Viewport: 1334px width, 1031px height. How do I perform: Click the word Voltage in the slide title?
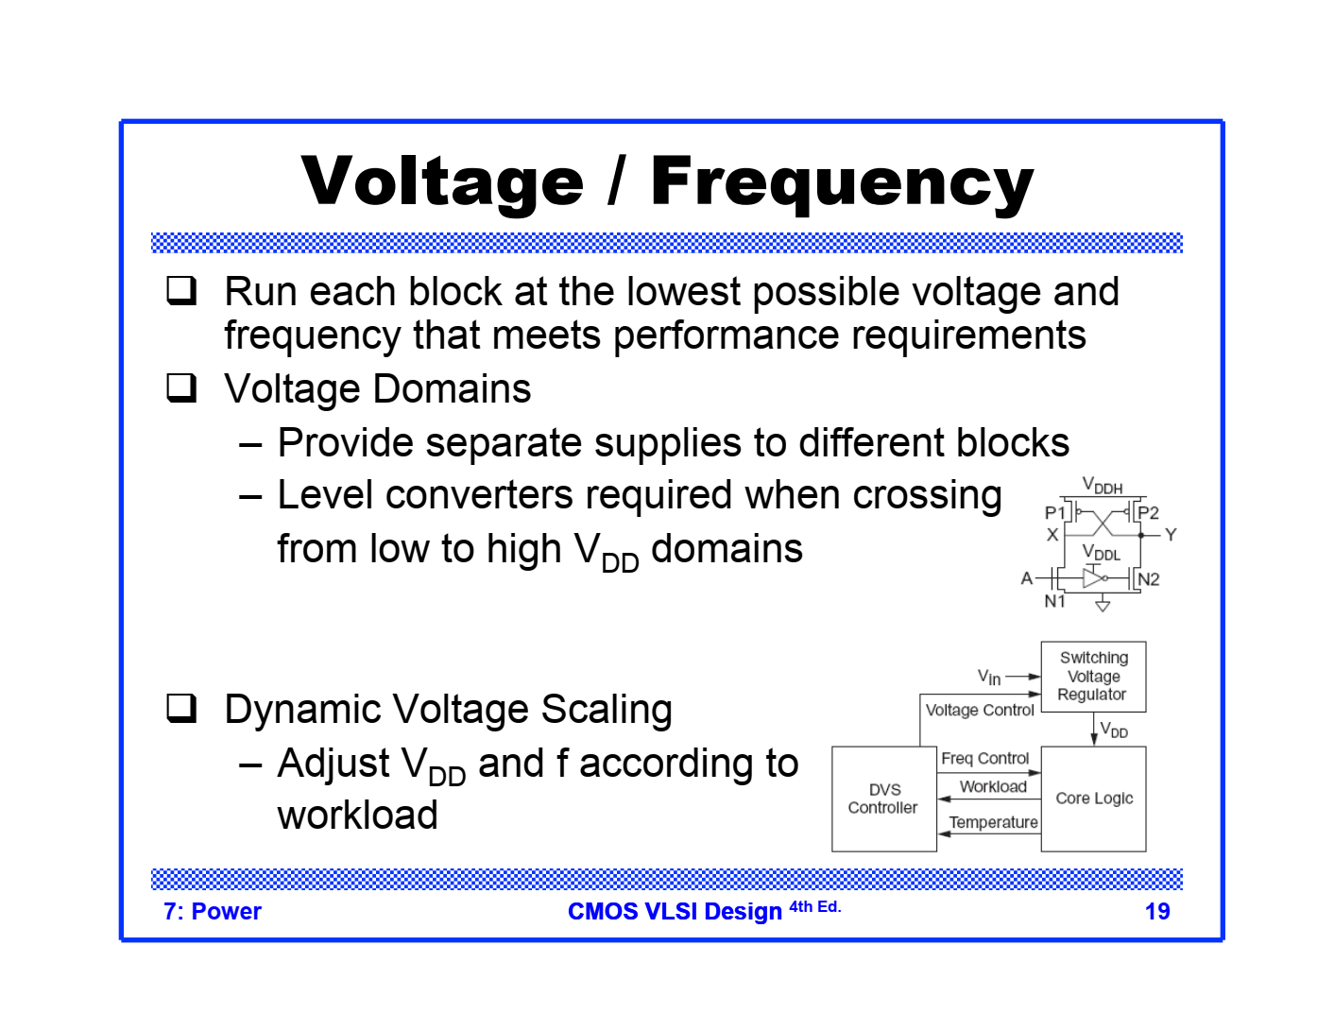click(x=442, y=181)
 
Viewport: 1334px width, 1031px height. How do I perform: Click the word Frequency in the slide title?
click(x=842, y=181)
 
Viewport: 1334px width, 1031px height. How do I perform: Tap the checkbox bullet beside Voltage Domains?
click(x=181, y=388)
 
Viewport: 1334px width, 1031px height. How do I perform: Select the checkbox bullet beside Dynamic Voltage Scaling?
click(x=181, y=709)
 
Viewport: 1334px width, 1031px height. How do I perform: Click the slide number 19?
click(x=1157, y=911)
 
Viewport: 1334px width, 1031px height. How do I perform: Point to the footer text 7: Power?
click(x=213, y=911)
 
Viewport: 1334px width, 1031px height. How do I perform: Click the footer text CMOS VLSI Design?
click(x=675, y=911)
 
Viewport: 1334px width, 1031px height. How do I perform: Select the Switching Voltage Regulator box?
click(x=1093, y=677)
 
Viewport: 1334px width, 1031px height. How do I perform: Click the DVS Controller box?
click(x=883, y=799)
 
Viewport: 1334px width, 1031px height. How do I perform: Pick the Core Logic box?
click(x=1094, y=799)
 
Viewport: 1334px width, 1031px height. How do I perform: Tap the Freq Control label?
click(x=984, y=758)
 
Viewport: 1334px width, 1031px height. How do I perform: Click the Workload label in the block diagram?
click(x=993, y=786)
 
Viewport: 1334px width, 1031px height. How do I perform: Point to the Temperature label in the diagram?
click(x=993, y=822)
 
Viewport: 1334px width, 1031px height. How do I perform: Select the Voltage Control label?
click(x=980, y=710)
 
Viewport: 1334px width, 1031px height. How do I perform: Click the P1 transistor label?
click(x=1054, y=512)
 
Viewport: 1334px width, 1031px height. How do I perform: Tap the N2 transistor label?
click(x=1149, y=579)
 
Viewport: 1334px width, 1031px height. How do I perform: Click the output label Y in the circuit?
click(x=1171, y=535)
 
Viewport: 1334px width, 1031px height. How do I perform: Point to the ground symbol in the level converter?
click(x=1103, y=606)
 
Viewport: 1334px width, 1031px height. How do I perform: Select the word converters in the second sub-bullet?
click(x=464, y=495)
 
